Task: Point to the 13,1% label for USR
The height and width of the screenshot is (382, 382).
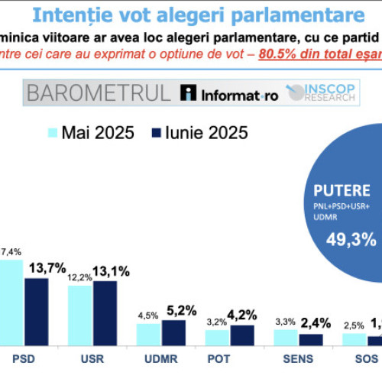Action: tap(112, 271)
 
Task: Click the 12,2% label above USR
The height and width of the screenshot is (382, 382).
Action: tap(80, 277)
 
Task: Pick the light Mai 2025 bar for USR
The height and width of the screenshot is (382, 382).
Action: tap(79, 315)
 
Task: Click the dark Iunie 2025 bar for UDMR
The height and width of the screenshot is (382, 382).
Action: tap(173, 332)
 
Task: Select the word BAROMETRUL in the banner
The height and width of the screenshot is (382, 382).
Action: tap(99, 94)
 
